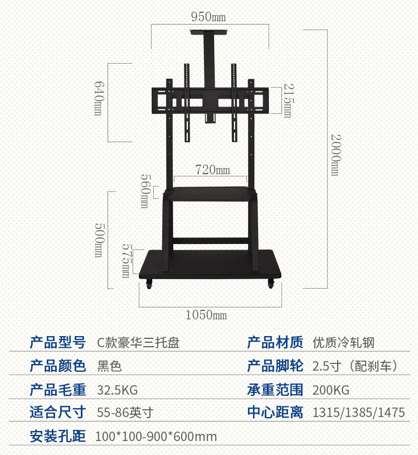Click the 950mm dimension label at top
209,17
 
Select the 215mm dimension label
288,100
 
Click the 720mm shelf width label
212,169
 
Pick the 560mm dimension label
144,191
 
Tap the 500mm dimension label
99,240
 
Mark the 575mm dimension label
127,260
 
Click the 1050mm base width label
206,315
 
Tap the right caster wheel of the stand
271,284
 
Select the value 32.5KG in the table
117,390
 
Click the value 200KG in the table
330,390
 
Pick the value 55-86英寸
125,413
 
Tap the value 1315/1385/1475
358,413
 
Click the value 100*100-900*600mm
156,437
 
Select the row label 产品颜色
58,366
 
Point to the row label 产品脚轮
275,366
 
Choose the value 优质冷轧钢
343,342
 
